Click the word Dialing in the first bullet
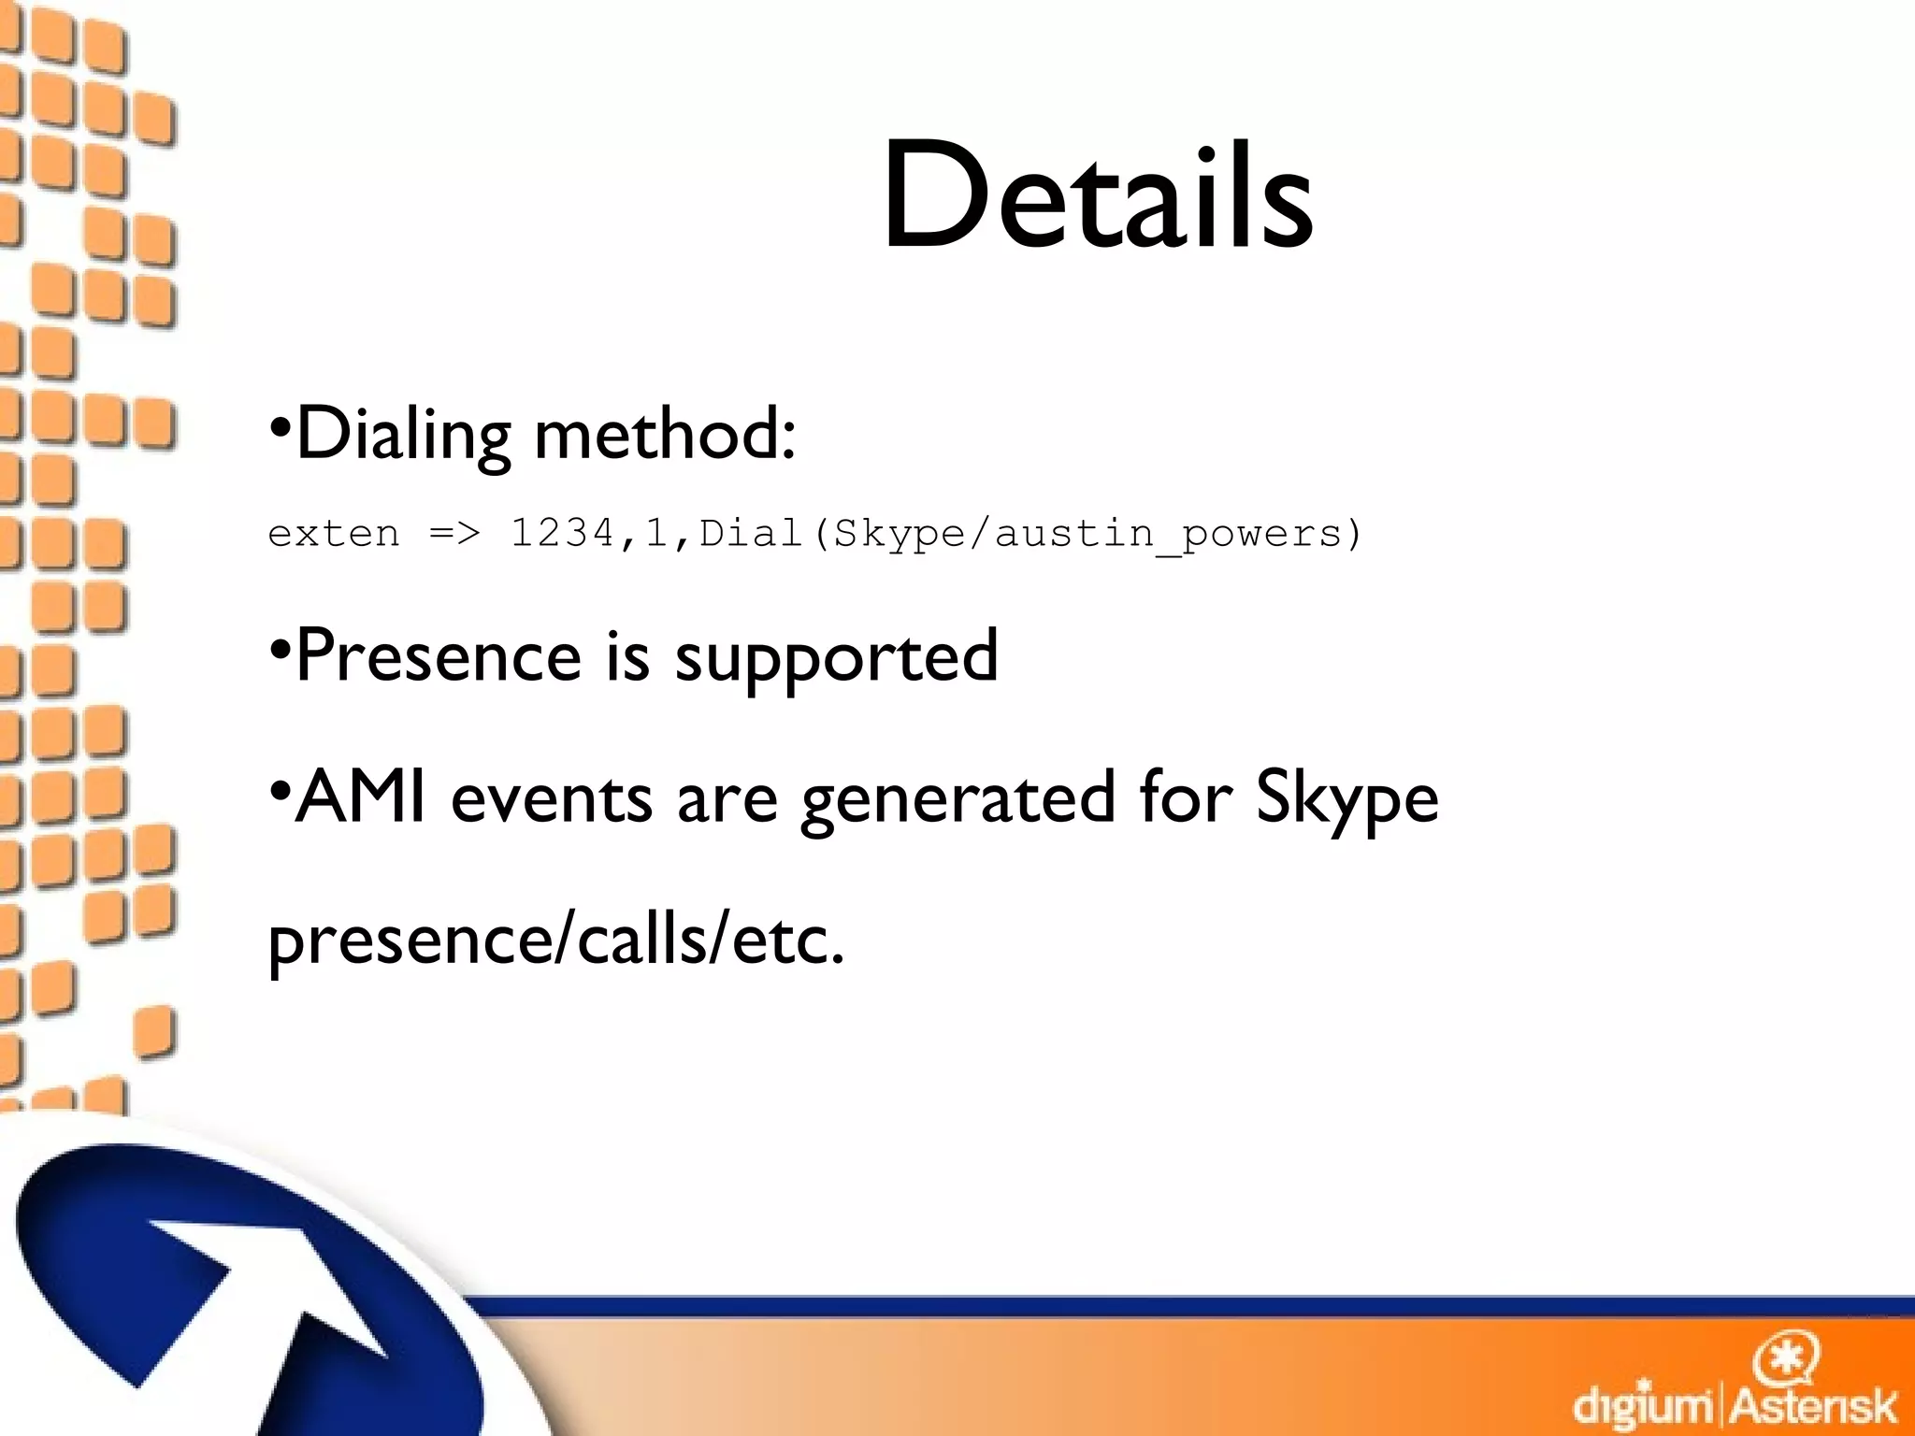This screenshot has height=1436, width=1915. (x=403, y=435)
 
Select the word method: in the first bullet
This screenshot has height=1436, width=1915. (x=665, y=435)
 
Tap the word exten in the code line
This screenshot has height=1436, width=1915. (x=334, y=534)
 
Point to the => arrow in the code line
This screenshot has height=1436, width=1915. (x=454, y=534)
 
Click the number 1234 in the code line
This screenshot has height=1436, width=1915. (x=562, y=534)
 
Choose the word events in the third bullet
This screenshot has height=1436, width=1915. (x=552, y=799)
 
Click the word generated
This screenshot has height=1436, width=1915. (x=958, y=801)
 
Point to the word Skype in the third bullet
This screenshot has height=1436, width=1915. (x=1346, y=799)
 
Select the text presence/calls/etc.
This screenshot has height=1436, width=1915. (x=556, y=940)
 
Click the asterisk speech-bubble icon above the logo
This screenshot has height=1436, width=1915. (x=1786, y=1358)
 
